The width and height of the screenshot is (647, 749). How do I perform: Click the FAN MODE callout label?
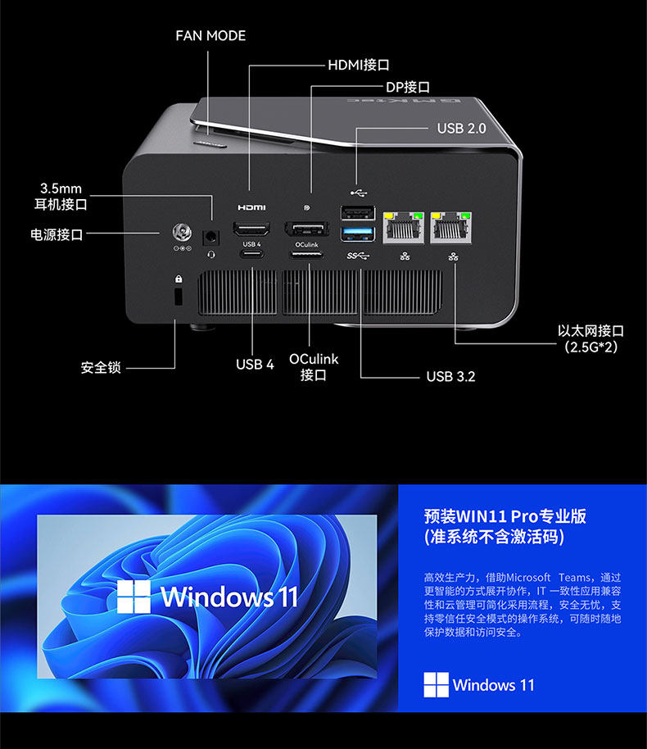[x=210, y=36]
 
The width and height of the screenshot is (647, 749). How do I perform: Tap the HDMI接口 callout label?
[x=358, y=64]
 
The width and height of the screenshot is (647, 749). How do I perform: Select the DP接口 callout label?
[x=408, y=87]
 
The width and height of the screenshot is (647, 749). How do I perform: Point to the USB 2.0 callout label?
[x=461, y=129]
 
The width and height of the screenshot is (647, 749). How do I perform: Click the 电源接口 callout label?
[x=57, y=234]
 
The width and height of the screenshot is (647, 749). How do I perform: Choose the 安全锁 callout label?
[x=101, y=367]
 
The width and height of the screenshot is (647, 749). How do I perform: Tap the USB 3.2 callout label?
[x=450, y=376]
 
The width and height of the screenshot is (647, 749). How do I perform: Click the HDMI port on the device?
[x=252, y=229]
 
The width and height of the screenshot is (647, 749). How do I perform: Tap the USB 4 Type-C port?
[x=252, y=255]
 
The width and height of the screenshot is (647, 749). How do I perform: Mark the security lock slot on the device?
[x=179, y=296]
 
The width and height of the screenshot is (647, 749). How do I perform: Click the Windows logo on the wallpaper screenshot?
[x=133, y=597]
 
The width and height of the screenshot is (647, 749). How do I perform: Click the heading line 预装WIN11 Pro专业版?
[x=505, y=516]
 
